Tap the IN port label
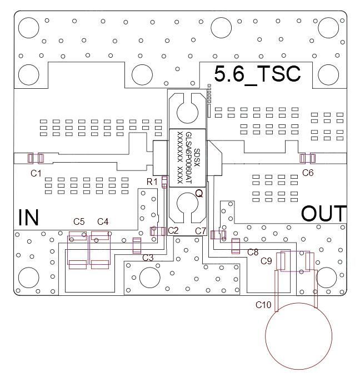[28, 217]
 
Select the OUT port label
[324, 214]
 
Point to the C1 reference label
[36, 173]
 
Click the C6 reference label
[308, 173]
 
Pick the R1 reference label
[152, 182]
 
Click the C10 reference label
[263, 305]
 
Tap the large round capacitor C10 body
[299, 335]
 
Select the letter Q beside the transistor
[198, 194]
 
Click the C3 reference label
[148, 258]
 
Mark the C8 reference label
[253, 251]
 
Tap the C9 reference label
[266, 260]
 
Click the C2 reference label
[173, 230]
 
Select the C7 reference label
[201, 230]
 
